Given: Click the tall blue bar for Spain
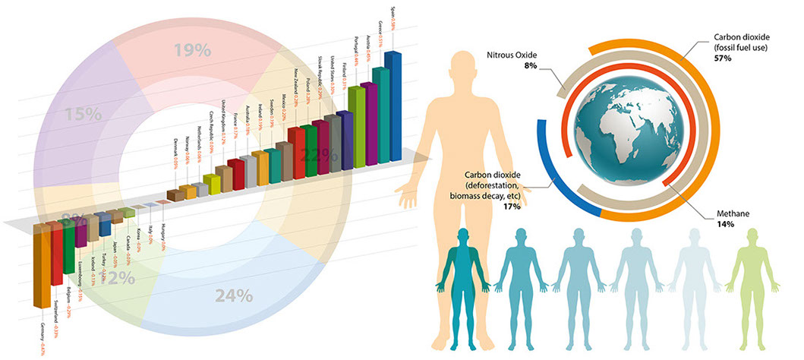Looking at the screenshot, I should click(394, 106).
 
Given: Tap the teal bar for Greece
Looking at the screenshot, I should click(380, 114).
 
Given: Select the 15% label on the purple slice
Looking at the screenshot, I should click(83, 115).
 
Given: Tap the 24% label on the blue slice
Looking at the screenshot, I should click(233, 297).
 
